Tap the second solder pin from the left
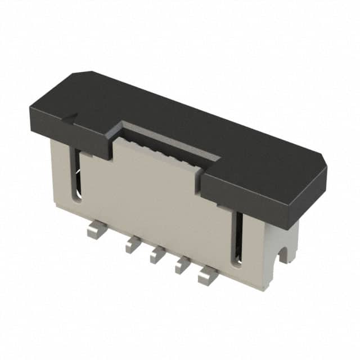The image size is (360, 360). pos(133,244)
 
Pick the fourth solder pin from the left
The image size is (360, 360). pos(182,265)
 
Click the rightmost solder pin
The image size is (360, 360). pos(206,276)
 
